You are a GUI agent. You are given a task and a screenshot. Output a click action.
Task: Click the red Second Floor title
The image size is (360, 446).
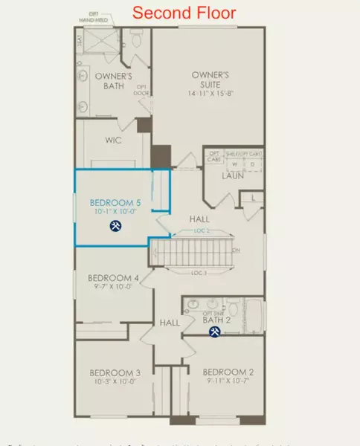[x=184, y=13]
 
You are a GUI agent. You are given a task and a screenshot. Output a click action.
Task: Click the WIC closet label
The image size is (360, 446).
[x=114, y=140]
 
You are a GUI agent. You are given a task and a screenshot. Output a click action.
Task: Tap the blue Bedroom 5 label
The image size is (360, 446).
[x=115, y=202]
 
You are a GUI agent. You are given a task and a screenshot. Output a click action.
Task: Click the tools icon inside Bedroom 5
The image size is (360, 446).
[x=116, y=226]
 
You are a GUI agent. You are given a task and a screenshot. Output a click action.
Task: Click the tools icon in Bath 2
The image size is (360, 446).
[x=214, y=332]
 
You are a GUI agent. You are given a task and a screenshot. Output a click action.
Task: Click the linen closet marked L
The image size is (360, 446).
[x=253, y=197]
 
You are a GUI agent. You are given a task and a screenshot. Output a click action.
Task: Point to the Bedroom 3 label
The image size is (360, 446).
[x=115, y=372]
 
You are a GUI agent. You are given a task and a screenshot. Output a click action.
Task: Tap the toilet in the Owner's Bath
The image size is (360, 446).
[x=136, y=40]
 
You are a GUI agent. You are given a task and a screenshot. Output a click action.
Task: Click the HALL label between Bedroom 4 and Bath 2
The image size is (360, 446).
[x=170, y=323]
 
